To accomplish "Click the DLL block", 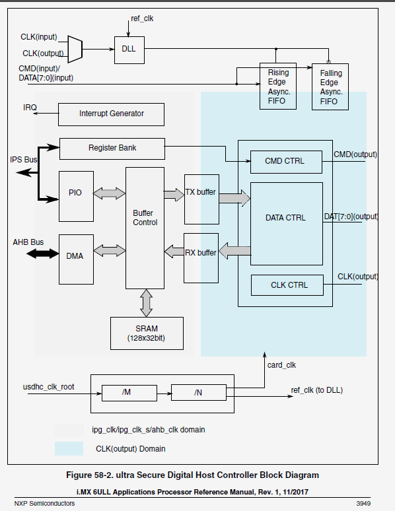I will pyautogui.click(x=129, y=50).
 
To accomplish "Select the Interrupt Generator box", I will pyautogui.click(x=111, y=114).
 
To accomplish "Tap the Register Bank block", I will pyautogui.click(x=112, y=148).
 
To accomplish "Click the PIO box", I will pyautogui.click(x=75, y=192).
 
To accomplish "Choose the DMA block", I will pyautogui.click(x=75, y=255).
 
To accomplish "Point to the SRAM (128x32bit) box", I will pyautogui.click(x=146, y=333).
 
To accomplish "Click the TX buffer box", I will pyautogui.click(x=200, y=192).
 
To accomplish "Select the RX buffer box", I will pyautogui.click(x=200, y=252).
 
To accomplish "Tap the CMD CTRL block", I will pyautogui.click(x=286, y=161).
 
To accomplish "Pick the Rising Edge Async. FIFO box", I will pyautogui.click(x=278, y=86).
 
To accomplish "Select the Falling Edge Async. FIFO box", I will pyautogui.click(x=330, y=87).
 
